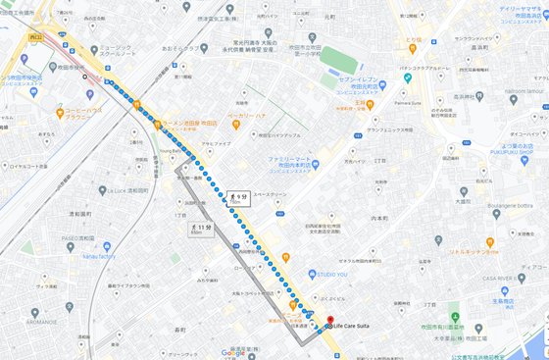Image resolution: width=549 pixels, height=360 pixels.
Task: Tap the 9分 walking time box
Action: coord(237,198)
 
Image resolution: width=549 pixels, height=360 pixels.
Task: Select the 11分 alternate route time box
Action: coord(197,230)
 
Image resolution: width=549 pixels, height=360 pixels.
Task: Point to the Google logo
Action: coord(232,352)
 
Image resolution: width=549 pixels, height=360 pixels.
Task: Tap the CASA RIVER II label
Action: coord(501,279)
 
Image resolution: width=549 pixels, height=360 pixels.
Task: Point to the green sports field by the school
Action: coord(336,58)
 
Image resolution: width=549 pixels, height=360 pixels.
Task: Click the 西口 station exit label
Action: coord(36,36)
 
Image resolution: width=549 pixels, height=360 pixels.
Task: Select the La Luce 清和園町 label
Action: coord(127,190)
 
